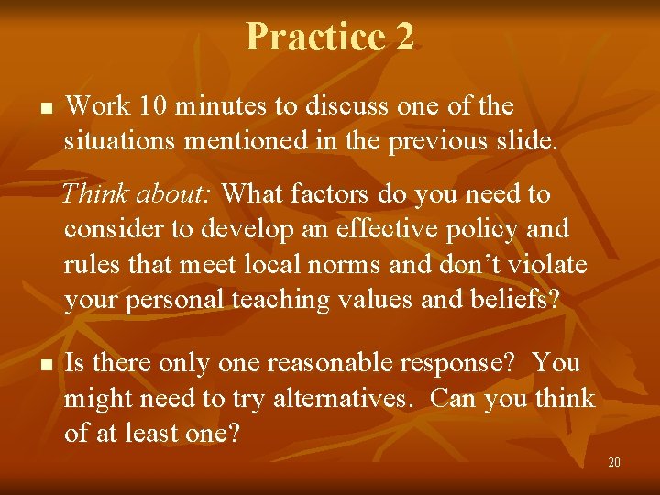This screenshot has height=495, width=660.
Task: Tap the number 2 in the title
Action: click(405, 37)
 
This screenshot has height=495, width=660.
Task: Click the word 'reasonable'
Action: click(313, 363)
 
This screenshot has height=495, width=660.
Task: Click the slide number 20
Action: click(613, 462)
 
